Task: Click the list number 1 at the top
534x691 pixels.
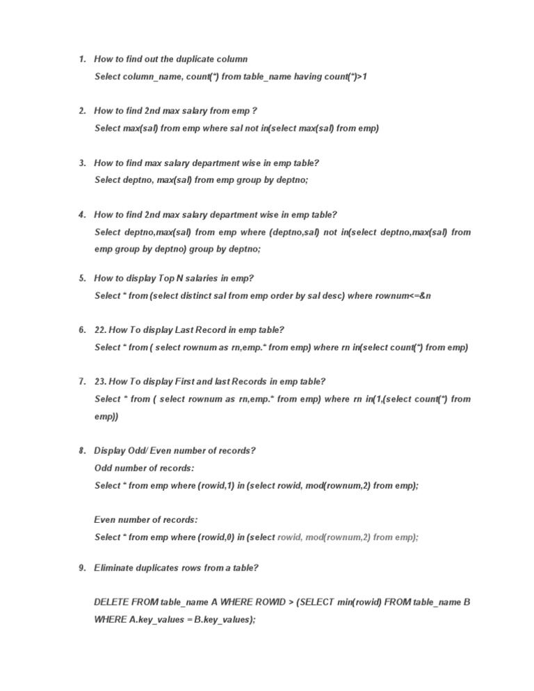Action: [x=81, y=59]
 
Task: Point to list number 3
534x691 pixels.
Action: [x=81, y=163]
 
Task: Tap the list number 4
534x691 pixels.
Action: [x=81, y=216]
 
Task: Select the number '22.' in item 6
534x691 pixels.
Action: [x=102, y=330]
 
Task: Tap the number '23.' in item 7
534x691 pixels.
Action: [x=102, y=382]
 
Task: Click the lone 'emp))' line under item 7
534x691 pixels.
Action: [x=106, y=416]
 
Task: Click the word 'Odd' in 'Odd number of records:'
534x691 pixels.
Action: [x=104, y=468]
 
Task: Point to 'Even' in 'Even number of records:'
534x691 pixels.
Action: [x=106, y=520]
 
